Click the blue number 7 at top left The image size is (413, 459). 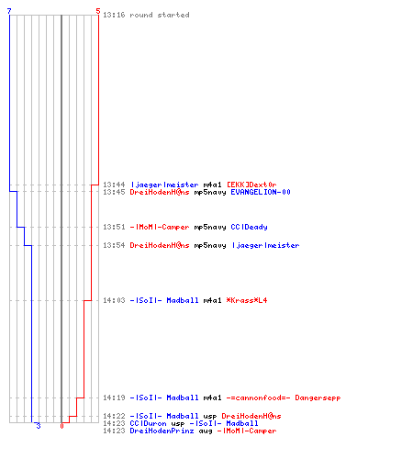(x=9, y=11)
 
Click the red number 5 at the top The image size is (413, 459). (x=98, y=11)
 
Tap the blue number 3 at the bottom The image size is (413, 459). (x=39, y=426)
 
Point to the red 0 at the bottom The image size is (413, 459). (x=61, y=426)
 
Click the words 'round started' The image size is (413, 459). (x=160, y=15)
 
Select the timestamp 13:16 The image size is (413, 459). (x=114, y=15)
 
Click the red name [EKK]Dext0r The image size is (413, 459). (x=251, y=185)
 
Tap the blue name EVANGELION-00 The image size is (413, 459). (x=261, y=192)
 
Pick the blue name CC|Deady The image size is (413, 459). (x=249, y=227)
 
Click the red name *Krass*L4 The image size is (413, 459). (x=247, y=300)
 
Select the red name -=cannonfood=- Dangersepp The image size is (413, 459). (x=284, y=397)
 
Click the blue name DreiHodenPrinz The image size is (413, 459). (x=162, y=431)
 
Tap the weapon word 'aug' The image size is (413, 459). (x=206, y=431)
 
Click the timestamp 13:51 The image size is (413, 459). (x=114, y=227)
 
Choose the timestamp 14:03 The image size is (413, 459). (x=114, y=300)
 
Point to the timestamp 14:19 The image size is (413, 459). (x=114, y=397)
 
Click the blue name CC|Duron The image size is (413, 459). (x=148, y=423)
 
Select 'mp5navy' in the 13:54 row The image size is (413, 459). (x=210, y=246)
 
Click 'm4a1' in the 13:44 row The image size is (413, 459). (x=212, y=185)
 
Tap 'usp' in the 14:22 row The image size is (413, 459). (x=210, y=417)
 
